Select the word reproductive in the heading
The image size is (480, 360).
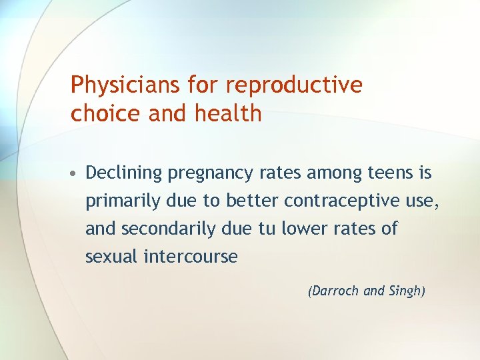click(295, 85)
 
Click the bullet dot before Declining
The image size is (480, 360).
click(75, 174)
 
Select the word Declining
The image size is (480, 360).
click(124, 173)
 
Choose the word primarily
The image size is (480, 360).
click(117, 201)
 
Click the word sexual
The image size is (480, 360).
click(111, 257)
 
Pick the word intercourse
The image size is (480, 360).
click(191, 257)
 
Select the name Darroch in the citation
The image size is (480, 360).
click(335, 291)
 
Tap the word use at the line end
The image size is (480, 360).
click(424, 201)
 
